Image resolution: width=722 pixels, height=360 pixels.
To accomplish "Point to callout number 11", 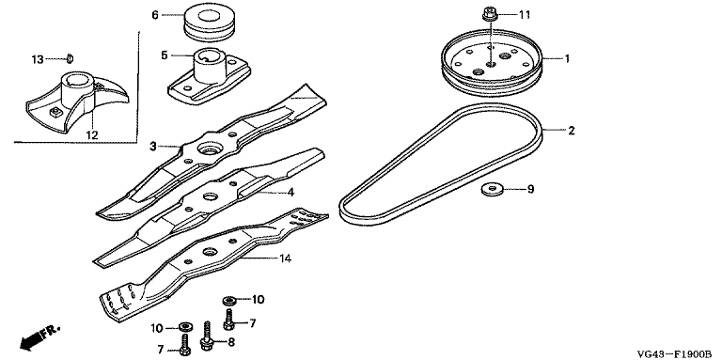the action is click(525, 15).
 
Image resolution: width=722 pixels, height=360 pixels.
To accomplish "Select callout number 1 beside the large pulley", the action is click(567, 59).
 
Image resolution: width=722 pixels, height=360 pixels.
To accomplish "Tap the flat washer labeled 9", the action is click(490, 189).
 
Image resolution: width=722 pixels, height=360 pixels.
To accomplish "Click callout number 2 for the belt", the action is click(572, 131).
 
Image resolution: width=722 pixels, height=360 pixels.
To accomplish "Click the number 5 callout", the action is click(165, 55).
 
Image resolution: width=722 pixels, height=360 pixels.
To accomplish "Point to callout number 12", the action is click(92, 135).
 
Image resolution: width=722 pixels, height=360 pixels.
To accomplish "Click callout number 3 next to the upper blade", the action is click(153, 147).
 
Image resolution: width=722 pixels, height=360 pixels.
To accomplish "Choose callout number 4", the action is click(290, 192).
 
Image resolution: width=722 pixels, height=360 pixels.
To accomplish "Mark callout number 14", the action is click(286, 258).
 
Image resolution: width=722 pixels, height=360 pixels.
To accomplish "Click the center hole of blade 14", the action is click(211, 252).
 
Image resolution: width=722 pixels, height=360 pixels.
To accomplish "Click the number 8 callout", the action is click(231, 342).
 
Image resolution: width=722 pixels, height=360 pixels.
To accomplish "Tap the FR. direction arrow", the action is click(40, 337).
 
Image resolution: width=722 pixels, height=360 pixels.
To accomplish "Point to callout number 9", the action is click(530, 189).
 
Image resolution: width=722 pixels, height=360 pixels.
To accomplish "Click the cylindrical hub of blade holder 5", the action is click(211, 65).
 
